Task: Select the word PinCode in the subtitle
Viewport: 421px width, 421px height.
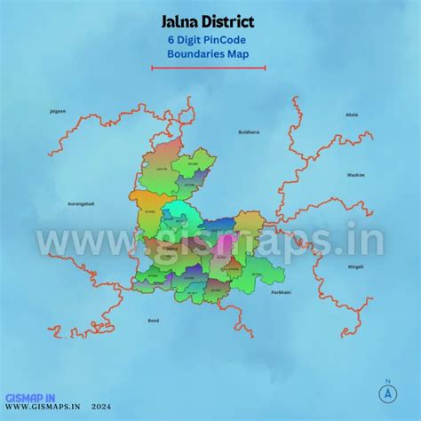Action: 222,39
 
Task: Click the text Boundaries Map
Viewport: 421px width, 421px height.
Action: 210,53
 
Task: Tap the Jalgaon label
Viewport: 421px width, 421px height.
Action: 58,112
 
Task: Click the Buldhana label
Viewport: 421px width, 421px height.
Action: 249,131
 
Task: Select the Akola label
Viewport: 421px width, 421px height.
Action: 352,115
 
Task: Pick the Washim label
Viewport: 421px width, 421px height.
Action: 356,175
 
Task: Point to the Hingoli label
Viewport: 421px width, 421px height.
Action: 355,266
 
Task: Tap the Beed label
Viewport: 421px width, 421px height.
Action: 153,319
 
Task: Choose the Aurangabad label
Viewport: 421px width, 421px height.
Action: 81,203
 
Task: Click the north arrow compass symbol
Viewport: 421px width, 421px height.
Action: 387,391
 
